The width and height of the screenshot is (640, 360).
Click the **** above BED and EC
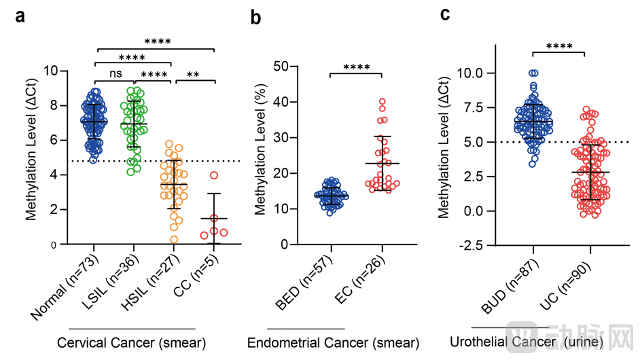[355, 67]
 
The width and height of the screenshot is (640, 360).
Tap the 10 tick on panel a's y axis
[51, 71]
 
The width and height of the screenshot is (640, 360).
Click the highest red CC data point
[213, 175]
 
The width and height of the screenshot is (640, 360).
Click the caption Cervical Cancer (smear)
[132, 341]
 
